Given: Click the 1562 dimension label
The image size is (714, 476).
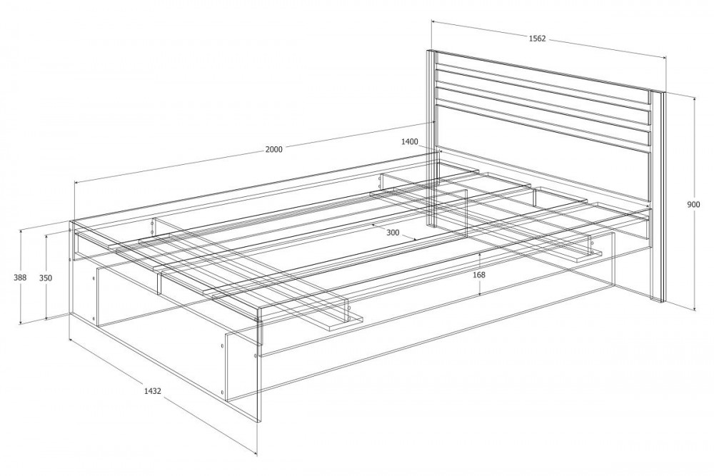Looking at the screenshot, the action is pyautogui.click(x=537, y=39).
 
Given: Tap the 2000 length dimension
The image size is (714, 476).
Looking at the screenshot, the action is pyautogui.click(x=274, y=149).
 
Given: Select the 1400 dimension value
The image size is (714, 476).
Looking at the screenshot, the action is pyautogui.click(x=410, y=142).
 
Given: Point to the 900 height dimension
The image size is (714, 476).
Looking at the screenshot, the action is pyautogui.click(x=693, y=205).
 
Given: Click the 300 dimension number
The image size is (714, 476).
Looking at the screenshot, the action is pyautogui.click(x=393, y=233).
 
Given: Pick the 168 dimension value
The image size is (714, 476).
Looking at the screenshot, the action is pyautogui.click(x=479, y=275).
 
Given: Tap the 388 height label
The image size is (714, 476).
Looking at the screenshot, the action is pyautogui.click(x=20, y=278).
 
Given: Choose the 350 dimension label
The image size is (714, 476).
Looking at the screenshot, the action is pyautogui.click(x=46, y=278).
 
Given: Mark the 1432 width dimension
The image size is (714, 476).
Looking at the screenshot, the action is pyautogui.click(x=153, y=390).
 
